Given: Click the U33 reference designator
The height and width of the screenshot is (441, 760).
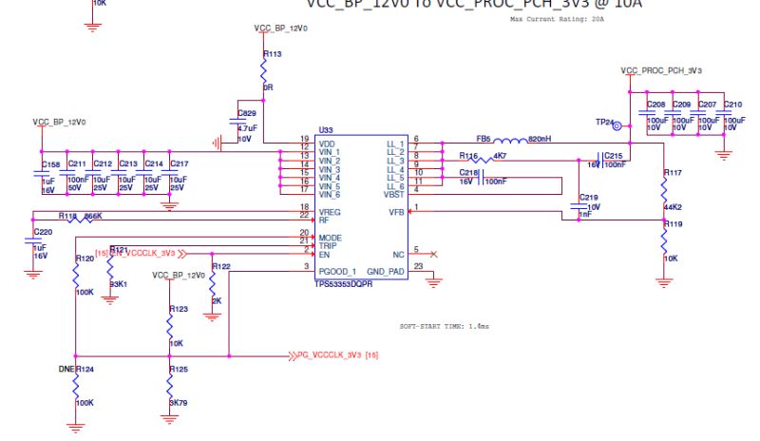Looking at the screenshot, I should click(x=326, y=129).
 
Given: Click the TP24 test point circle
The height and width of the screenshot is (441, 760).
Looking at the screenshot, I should click(x=617, y=124).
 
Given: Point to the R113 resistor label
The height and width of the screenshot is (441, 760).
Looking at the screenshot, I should click(x=273, y=54).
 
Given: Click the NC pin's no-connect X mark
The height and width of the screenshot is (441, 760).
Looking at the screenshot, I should click(x=433, y=254).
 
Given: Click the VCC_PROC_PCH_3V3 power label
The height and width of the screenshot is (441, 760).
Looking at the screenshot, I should click(x=661, y=70).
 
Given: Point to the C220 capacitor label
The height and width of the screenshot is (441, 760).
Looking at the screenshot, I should click(x=43, y=231).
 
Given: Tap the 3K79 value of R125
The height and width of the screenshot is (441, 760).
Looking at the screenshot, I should click(x=178, y=403).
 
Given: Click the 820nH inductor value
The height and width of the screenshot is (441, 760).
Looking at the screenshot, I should click(x=540, y=139).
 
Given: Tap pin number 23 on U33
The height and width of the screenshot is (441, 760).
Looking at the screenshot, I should click(x=418, y=266).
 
